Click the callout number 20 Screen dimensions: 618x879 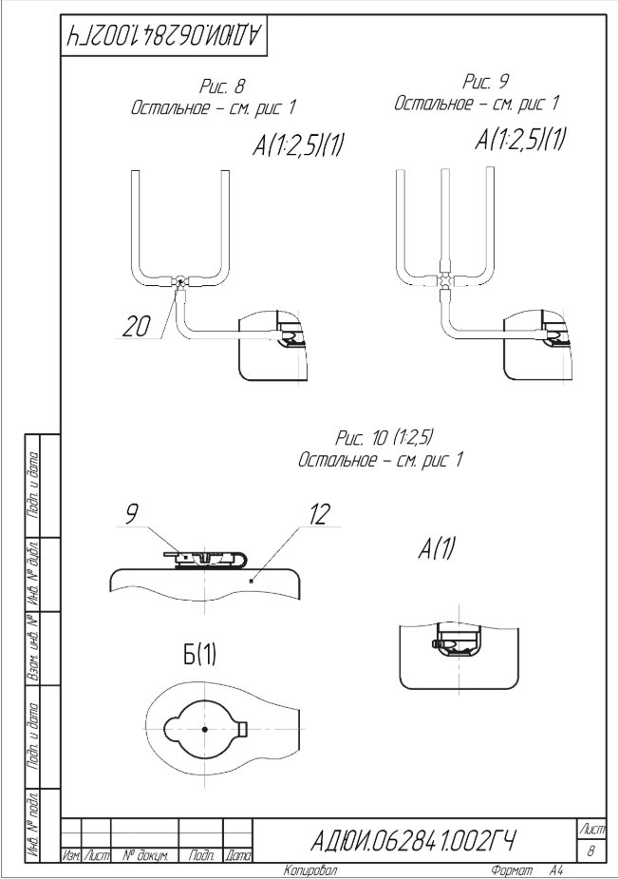135,327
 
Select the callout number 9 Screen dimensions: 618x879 131,514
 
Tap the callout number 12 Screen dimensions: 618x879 319,514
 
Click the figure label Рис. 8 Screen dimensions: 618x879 222,86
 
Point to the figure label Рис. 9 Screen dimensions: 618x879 486,82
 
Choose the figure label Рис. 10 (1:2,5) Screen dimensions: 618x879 385,437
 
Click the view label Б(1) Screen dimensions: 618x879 200,655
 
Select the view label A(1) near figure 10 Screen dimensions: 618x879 437,548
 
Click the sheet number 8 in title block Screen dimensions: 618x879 590,851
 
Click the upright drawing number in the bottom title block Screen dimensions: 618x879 413,840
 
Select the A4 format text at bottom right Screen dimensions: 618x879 556,870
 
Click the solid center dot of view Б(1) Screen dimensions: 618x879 205,729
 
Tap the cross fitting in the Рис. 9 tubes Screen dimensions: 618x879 444,279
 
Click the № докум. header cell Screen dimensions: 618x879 145,856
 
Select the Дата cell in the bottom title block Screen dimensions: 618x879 237,856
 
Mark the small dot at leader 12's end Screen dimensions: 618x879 252,581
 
